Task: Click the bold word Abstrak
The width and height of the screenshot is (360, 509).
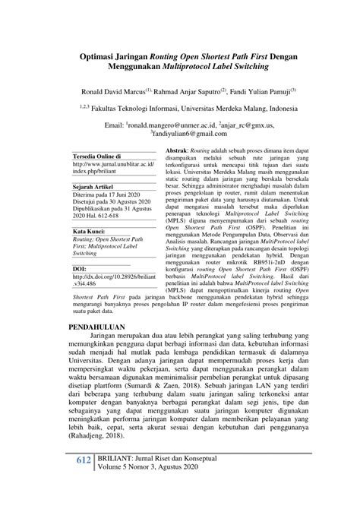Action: tap(178, 153)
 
